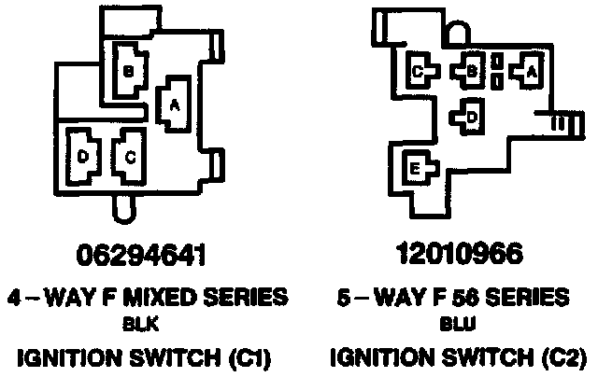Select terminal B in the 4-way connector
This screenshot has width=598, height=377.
click(129, 69)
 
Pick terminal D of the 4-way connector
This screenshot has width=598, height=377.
click(82, 159)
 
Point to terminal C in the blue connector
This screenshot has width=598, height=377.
click(420, 70)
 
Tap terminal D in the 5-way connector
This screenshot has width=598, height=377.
click(472, 116)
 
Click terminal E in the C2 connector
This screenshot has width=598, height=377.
click(415, 169)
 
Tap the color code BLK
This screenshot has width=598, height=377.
click(140, 327)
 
